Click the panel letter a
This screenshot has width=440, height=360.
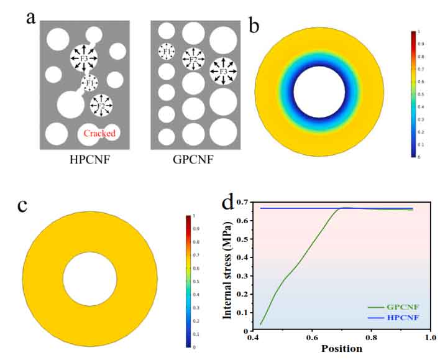pyautogui.click(x=30, y=17)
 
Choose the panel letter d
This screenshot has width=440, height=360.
pyautogui.click(x=229, y=203)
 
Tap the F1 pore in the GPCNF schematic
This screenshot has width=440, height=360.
pyautogui.click(x=166, y=52)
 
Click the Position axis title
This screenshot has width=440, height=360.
pyautogui.click(x=341, y=348)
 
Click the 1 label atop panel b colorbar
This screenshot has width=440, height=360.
pyautogui.click(x=421, y=30)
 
